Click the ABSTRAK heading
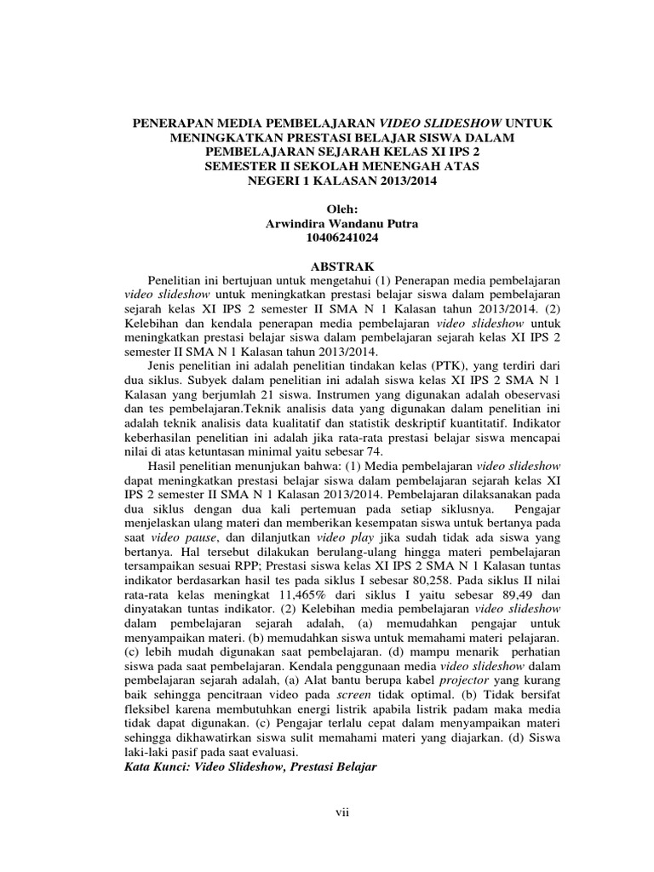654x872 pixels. (x=343, y=266)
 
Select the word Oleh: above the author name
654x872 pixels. (x=343, y=209)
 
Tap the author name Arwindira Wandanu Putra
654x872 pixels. (x=343, y=224)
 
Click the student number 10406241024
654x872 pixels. (x=343, y=239)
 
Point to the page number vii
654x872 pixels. (x=342, y=812)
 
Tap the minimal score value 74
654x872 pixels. (x=375, y=450)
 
